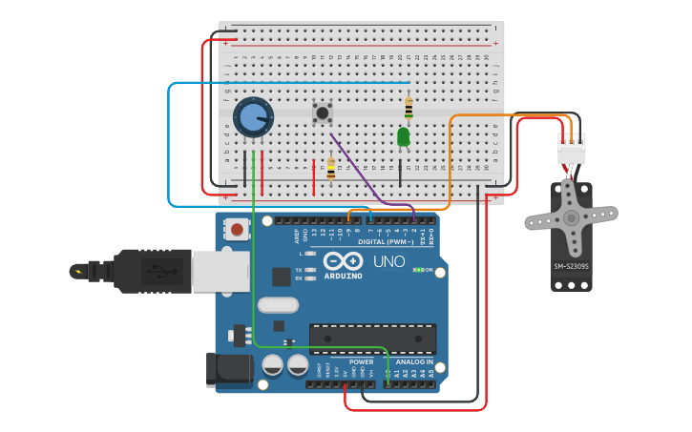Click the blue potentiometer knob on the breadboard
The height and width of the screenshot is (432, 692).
[252, 117]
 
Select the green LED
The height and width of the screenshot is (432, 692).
[404, 137]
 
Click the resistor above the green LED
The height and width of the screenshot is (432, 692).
[409, 108]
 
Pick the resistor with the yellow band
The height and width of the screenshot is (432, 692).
[331, 169]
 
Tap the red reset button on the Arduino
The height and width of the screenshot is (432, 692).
[236, 229]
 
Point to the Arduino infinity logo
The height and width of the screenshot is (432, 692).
[342, 260]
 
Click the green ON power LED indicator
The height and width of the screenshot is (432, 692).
[417, 270]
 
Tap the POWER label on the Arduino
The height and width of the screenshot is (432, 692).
[361, 362]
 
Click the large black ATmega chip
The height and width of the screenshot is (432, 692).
[372, 338]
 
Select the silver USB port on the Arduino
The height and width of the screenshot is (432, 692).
[220, 272]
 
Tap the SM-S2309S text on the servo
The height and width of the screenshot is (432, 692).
[571, 267]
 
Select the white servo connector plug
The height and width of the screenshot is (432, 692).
[572, 149]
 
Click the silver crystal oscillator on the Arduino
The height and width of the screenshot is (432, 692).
[277, 306]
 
